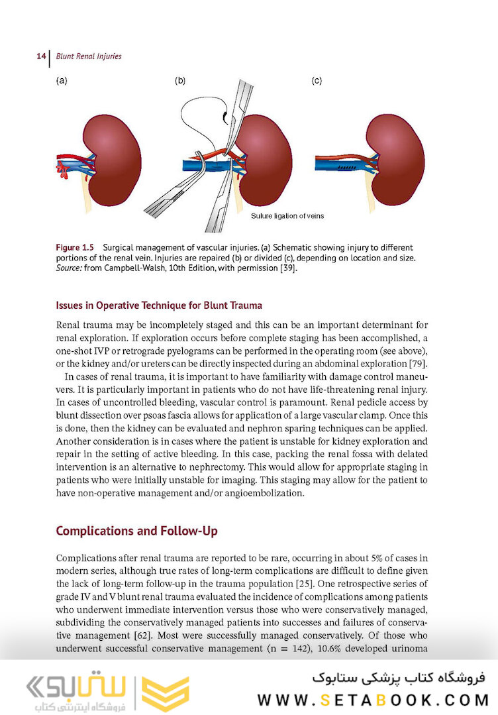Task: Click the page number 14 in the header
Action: pos(40,56)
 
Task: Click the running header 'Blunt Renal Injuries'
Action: pos(88,56)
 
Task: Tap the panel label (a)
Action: pos(61,81)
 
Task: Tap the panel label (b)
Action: pos(180,81)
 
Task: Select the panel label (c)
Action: pos(317,81)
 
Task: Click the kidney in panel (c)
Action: pos(395,159)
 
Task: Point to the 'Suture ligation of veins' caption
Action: pos(287,216)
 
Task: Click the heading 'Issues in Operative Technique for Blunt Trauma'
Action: pos(159,305)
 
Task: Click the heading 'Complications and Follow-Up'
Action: pos(136,531)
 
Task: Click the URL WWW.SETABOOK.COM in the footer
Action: pos(372,700)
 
